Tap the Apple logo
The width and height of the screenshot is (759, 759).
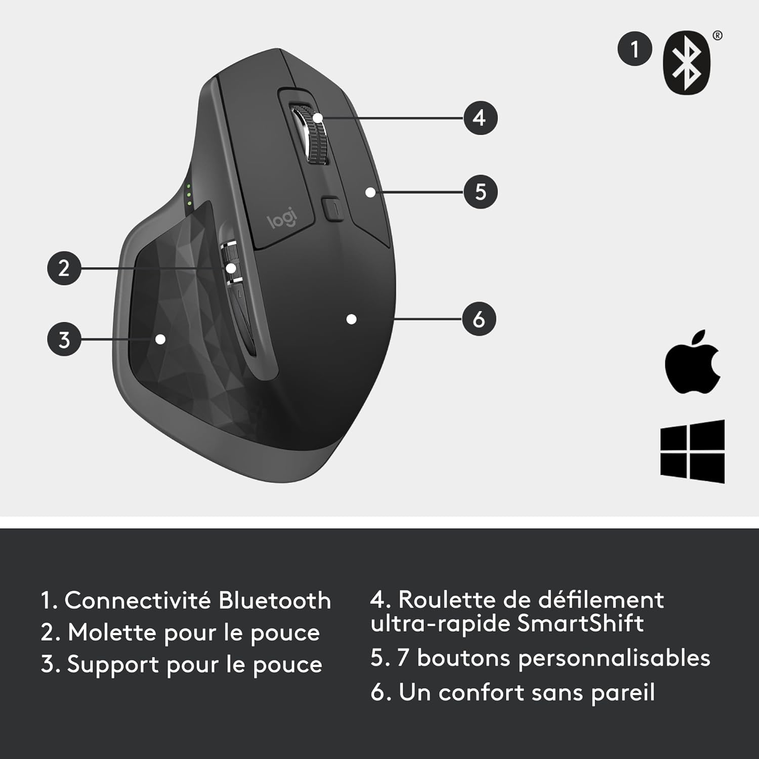coord(692,362)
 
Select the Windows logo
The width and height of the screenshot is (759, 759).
coord(692,451)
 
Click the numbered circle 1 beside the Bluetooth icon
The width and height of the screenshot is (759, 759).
coord(635,49)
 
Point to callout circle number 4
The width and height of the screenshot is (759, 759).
coord(480,118)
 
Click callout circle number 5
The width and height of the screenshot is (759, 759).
coord(480,192)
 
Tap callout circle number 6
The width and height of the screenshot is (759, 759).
coord(479,319)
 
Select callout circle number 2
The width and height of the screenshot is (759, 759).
coord(64,268)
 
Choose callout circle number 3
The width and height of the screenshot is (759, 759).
coord(64,340)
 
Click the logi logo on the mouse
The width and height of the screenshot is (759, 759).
coord(282,219)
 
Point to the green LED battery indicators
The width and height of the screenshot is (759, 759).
coord(188,195)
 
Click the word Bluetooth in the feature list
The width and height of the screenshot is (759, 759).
coord(274,601)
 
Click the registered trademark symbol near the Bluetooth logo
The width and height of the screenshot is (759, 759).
coord(717,35)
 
